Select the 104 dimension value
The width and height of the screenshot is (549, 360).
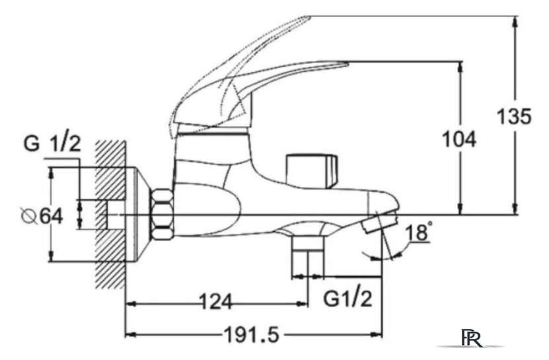[x=459, y=139]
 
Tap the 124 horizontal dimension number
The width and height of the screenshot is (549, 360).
[x=215, y=302]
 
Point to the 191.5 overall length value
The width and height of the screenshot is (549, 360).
[x=252, y=334]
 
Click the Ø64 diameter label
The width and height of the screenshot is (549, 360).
[x=42, y=216]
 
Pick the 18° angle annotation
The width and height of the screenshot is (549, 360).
[x=418, y=233]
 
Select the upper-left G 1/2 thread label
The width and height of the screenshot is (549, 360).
[x=52, y=143]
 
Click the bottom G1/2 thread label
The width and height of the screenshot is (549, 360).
[x=348, y=299]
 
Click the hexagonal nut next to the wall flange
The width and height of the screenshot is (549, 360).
[x=162, y=215]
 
